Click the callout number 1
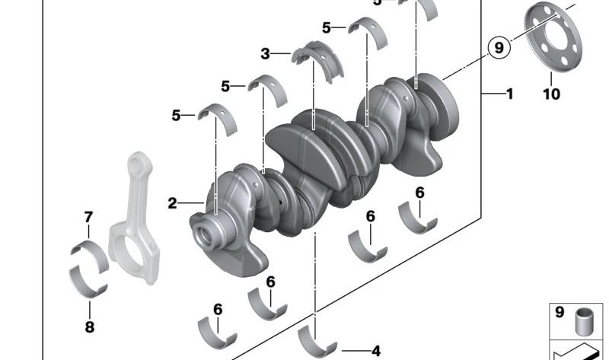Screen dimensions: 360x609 pos(509,94)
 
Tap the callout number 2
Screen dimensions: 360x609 pos(173,203)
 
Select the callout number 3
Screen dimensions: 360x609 pos(266,54)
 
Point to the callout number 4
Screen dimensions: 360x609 pos(375,351)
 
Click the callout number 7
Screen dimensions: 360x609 pos(88,218)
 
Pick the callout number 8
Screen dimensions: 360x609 pos(89,327)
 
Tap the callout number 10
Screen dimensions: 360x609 pos(551,94)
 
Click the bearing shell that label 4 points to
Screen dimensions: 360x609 pos(317,339)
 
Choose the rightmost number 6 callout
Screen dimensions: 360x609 pos(420,193)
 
